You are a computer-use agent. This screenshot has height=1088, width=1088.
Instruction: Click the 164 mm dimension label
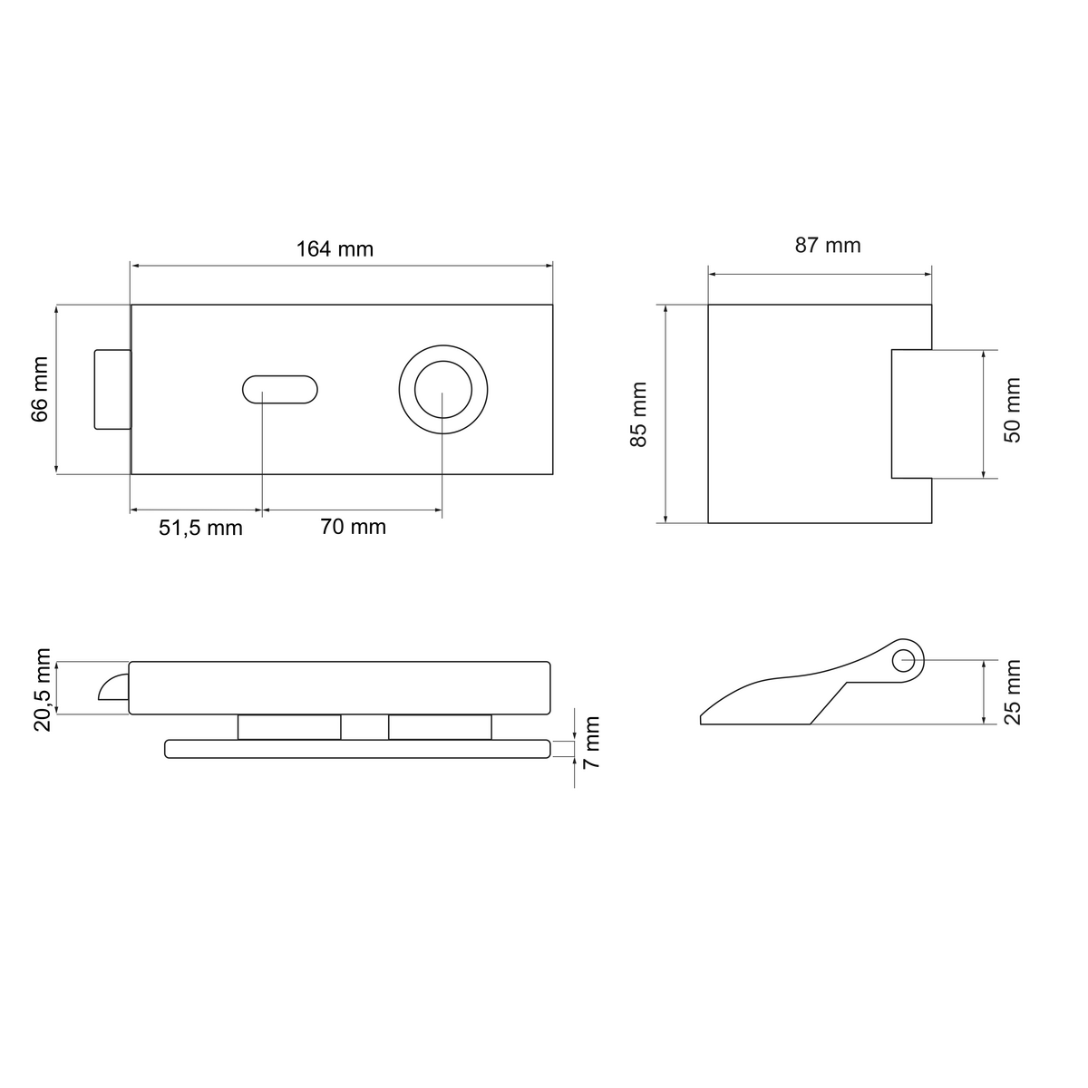click(x=335, y=249)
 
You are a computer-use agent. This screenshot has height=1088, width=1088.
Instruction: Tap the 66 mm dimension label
click(x=40, y=390)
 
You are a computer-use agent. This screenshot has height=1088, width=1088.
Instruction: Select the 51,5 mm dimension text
click(x=200, y=529)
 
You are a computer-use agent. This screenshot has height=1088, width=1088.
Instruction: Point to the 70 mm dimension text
click(x=353, y=527)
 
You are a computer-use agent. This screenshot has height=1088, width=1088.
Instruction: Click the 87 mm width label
click(x=828, y=245)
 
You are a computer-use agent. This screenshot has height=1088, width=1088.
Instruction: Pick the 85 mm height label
click(x=638, y=414)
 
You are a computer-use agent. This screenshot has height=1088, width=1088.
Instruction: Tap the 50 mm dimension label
click(x=1013, y=411)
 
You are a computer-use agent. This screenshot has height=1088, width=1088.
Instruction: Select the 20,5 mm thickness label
click(x=43, y=690)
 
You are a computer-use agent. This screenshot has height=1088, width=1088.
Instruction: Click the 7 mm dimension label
click(x=590, y=743)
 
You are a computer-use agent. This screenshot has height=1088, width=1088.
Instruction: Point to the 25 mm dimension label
click(x=1013, y=692)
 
